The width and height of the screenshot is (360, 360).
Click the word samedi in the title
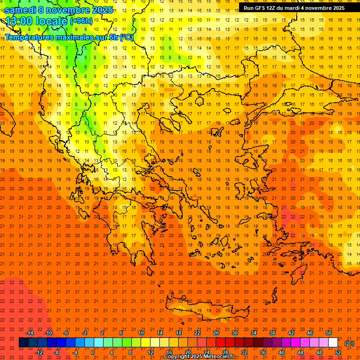[20, 10]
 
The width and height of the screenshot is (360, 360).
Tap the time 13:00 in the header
[19, 21]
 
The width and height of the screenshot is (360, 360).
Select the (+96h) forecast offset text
[81, 21]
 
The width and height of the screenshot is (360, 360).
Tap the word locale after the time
[52, 21]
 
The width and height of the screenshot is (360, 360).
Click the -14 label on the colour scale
[30, 332]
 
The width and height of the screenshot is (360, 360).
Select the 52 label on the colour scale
[338, 352]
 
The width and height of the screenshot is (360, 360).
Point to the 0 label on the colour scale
[93, 352]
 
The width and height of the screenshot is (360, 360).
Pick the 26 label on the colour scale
[216, 332]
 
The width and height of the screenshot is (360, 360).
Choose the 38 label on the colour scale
[272, 332]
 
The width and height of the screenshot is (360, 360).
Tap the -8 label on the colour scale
[57, 352]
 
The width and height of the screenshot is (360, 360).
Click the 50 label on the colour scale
[329, 332]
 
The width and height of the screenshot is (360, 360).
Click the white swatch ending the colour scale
[333, 343]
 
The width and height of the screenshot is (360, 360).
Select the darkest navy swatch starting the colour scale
[23, 343]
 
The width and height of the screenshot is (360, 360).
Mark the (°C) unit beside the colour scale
[349, 343]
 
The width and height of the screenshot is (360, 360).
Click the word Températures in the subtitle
[29, 37]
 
